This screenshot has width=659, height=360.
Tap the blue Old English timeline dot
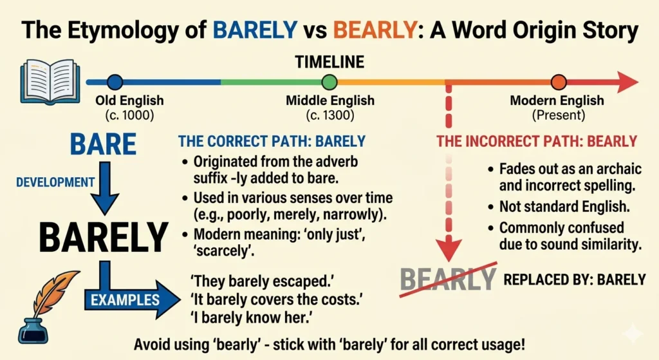(x=115, y=82)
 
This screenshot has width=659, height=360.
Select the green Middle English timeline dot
(x=329, y=82)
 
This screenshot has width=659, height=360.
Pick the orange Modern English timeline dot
(x=559, y=82)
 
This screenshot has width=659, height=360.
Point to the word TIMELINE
(x=329, y=62)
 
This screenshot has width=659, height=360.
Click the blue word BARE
(x=103, y=144)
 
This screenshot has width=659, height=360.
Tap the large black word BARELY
(x=103, y=237)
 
